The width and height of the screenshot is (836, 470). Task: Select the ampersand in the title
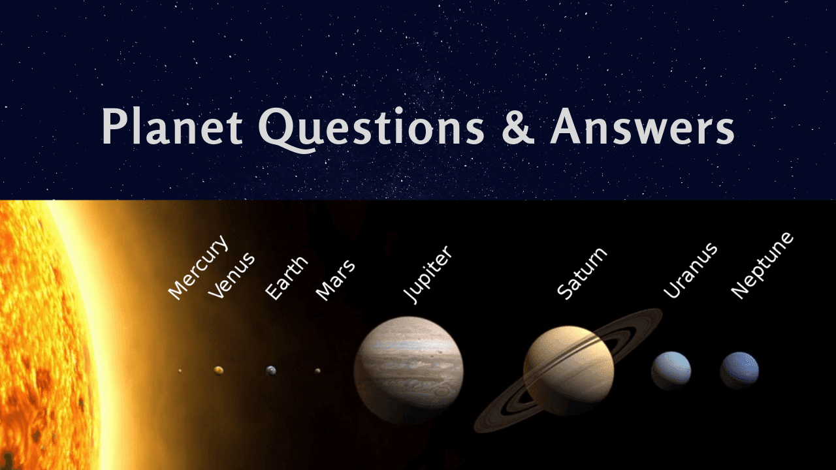[517, 127]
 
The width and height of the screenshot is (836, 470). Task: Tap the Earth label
[286, 279]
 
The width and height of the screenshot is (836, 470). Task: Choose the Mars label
[335, 280]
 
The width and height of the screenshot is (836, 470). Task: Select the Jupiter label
[427, 274]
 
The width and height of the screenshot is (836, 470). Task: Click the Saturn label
[581, 273]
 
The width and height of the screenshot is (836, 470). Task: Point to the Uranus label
[690, 270]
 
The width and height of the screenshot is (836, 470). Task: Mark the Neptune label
[762, 265]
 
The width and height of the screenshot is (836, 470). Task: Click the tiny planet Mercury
[180, 371]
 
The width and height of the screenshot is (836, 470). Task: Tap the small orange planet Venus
[219, 370]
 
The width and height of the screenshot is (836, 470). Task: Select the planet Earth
[271, 370]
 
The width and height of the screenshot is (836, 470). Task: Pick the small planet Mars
[318, 371]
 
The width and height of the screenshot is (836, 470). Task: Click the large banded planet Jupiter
[408, 369]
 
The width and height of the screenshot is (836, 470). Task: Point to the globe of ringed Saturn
[568, 370]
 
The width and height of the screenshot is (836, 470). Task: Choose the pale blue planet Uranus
[671, 370]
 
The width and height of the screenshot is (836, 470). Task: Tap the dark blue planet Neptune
[739, 370]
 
